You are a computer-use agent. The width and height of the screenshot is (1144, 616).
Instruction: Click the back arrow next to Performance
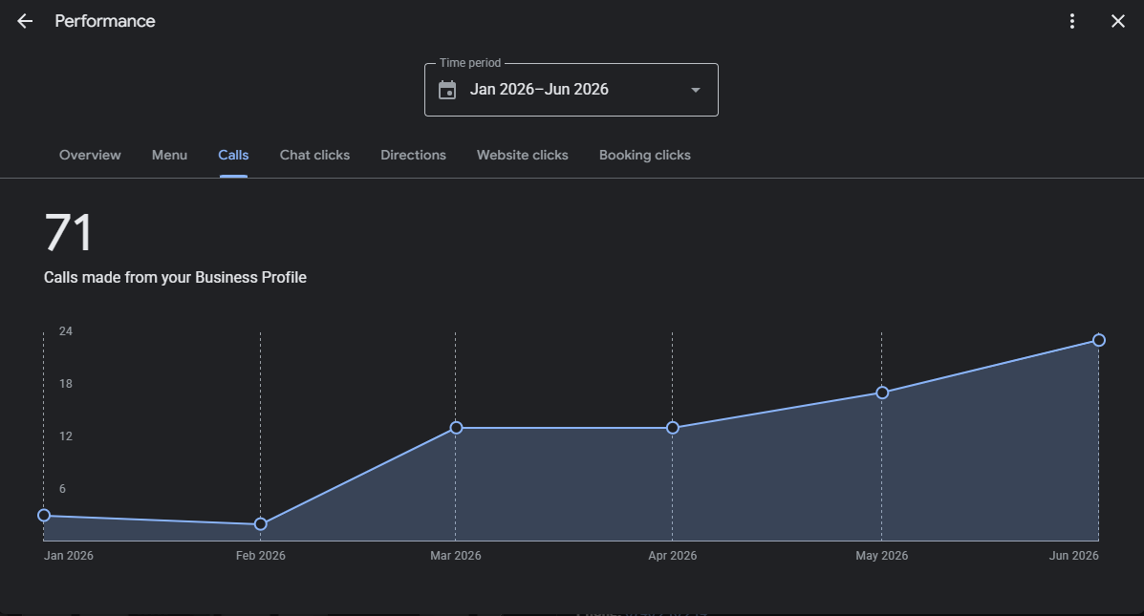click(x=25, y=21)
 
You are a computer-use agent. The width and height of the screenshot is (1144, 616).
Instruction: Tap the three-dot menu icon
click(x=1071, y=21)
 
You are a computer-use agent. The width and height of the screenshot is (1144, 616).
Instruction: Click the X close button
click(x=1118, y=21)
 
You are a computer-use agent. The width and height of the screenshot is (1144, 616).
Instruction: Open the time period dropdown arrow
click(x=696, y=90)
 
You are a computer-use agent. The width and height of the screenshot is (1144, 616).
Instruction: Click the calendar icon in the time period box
click(x=447, y=90)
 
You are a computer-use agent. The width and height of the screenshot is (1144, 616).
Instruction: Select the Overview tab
click(x=90, y=156)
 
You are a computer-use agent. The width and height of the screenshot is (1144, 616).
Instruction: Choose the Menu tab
click(x=169, y=156)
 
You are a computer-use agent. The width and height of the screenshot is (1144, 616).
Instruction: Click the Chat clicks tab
click(x=314, y=156)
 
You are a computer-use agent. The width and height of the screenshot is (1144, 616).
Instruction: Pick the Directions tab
click(x=413, y=156)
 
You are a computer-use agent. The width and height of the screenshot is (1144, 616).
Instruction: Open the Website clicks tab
click(x=523, y=156)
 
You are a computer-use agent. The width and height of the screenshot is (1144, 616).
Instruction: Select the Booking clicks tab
click(x=645, y=156)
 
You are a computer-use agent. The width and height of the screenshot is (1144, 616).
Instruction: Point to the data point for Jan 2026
click(x=44, y=516)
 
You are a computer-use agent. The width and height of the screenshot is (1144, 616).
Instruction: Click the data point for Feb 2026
click(x=261, y=524)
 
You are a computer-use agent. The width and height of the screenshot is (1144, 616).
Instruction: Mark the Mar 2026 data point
click(x=456, y=428)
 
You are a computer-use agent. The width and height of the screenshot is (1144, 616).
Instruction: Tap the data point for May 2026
click(x=882, y=393)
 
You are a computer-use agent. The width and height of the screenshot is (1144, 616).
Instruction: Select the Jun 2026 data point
click(x=1099, y=340)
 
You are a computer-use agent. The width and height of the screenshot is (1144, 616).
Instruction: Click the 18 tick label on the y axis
click(x=66, y=384)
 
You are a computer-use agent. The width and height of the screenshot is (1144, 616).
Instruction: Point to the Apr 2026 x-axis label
click(x=673, y=556)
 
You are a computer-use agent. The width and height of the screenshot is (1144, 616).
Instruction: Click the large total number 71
click(x=69, y=233)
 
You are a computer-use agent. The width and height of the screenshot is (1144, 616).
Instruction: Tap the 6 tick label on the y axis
click(x=62, y=488)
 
